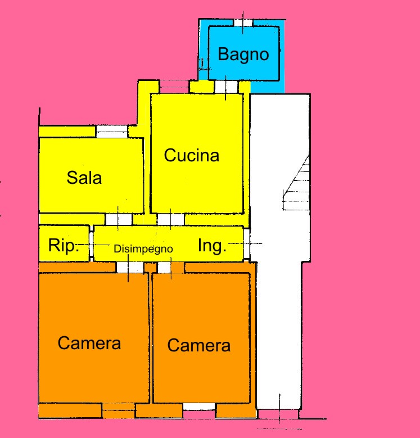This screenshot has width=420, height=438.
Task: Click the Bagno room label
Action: pyautogui.click(x=243, y=55)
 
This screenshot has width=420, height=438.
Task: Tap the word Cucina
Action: pyautogui.click(x=191, y=155)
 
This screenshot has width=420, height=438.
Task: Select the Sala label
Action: pyautogui.click(x=84, y=178)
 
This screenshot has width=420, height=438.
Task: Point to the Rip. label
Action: pyautogui.click(x=63, y=246)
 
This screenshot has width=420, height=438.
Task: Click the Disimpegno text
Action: pyautogui.click(x=143, y=249)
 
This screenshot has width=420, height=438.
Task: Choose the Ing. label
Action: pyautogui.click(x=213, y=246)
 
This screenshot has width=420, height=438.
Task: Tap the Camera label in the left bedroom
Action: pyautogui.click(x=89, y=343)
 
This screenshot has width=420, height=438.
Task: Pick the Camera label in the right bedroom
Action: pyautogui.click(x=198, y=345)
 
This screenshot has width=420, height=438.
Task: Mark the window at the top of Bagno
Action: pyautogui.click(x=243, y=22)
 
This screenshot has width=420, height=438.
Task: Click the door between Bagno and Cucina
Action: pyautogui.click(x=226, y=87)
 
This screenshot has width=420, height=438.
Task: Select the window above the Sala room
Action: pyautogui.click(x=111, y=131)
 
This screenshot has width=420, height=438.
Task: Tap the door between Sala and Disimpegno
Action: pyautogui.click(x=119, y=219)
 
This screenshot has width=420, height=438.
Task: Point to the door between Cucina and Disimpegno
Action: pyautogui.click(x=165, y=219)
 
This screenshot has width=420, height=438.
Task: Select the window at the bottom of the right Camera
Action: pyautogui.click(x=199, y=407)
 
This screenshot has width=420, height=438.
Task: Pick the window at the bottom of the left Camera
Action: pyautogui.click(x=119, y=410)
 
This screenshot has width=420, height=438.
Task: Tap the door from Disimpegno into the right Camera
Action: pyautogui.click(x=165, y=267)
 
